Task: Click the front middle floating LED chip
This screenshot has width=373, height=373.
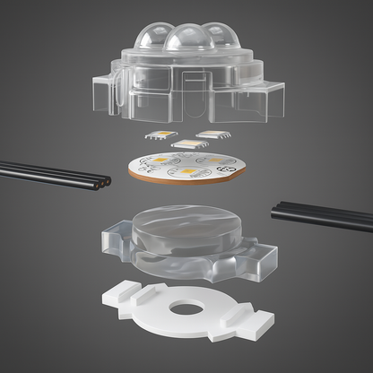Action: pos(186,143)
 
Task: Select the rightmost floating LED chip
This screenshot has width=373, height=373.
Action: pos(212,134)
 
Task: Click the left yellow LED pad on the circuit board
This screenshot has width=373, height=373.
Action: pos(159,161)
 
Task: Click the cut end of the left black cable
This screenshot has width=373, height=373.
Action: pos(107,180)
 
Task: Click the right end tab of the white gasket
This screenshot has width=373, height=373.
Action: pos(261,318)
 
